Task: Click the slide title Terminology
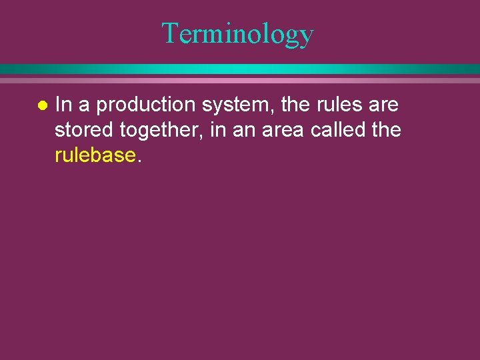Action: point(237,33)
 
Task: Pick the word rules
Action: point(339,105)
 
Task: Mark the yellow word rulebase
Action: point(95,155)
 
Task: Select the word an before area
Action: point(245,131)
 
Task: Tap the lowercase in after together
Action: point(217,130)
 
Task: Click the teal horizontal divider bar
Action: point(240,69)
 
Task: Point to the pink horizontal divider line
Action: point(240,80)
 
